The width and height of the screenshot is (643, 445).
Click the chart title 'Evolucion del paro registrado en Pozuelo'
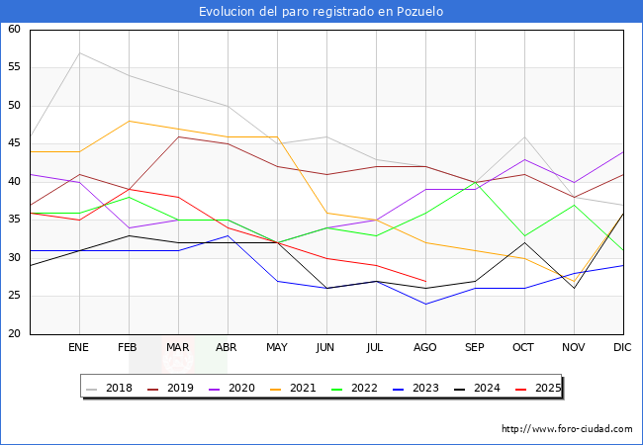(x=321, y=12)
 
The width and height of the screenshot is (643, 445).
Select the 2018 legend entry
(x=112, y=388)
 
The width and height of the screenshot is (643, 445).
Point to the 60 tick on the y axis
(x=15, y=30)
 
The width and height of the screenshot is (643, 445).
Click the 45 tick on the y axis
(x=15, y=143)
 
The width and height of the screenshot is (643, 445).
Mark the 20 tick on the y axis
(x=15, y=333)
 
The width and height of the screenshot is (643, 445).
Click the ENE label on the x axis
(x=79, y=348)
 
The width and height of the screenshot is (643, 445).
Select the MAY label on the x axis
(x=277, y=348)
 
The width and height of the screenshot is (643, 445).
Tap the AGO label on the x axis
(x=425, y=348)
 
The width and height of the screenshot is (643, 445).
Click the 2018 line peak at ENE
(x=79, y=52)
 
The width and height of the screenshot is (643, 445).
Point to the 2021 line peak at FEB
(x=129, y=121)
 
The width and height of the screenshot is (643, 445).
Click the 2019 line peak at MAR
(x=178, y=136)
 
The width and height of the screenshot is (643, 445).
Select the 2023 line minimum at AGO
(x=425, y=304)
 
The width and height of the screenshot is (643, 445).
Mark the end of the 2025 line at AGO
(x=425, y=281)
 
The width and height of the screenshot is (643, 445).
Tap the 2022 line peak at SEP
(x=475, y=182)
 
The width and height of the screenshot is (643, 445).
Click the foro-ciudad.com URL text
(x=567, y=429)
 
